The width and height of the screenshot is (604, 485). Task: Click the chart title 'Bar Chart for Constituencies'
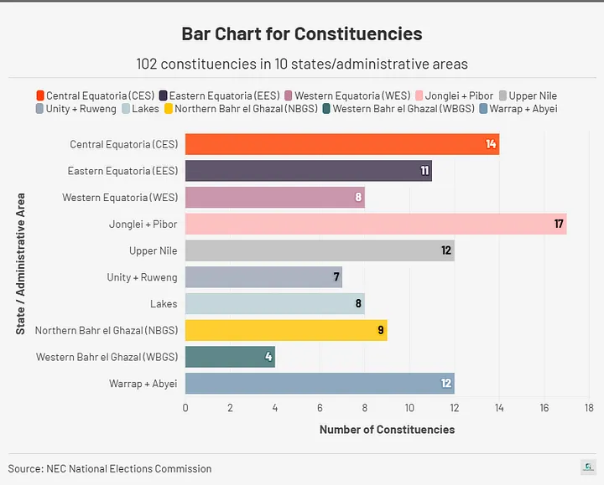[302, 34]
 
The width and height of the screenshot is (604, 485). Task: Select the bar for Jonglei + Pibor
[375, 224]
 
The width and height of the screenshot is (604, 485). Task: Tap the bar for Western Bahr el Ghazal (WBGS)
[230, 357]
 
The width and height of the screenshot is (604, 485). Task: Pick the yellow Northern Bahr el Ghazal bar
[285, 330]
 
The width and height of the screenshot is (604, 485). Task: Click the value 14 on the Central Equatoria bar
[491, 144]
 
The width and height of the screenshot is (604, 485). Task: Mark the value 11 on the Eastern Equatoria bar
[424, 171]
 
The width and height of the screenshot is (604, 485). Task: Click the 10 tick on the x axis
[409, 408]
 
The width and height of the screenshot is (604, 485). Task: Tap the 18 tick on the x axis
[589, 408]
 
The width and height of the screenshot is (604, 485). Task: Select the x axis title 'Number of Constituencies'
[387, 430]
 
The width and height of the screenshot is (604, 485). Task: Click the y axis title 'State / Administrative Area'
[21, 264]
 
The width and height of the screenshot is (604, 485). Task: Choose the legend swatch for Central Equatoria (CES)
[40, 96]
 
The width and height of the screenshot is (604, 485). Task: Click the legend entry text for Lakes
[145, 109]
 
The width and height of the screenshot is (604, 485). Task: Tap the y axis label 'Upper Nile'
[154, 250]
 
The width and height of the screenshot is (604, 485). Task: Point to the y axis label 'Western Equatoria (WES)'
[120, 198]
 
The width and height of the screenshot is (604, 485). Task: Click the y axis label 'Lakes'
[164, 304]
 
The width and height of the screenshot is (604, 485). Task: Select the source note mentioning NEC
[110, 468]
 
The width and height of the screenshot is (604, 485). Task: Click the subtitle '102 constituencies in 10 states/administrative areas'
[302, 64]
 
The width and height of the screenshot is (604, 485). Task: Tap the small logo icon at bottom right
[588, 467]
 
